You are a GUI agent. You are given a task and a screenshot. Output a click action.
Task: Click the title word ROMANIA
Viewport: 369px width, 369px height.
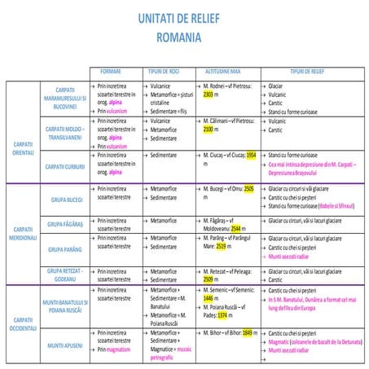point(184,38)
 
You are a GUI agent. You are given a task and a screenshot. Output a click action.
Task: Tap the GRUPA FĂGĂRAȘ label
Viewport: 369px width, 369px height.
point(67,224)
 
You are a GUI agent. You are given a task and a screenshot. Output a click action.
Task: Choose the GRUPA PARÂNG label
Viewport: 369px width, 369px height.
point(67,249)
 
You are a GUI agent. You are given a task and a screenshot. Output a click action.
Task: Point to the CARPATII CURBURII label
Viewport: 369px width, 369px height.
point(67,166)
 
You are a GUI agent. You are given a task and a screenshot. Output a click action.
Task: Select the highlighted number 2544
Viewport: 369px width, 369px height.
point(235,229)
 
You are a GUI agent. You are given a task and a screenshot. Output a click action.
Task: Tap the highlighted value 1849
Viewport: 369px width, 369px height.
point(248,332)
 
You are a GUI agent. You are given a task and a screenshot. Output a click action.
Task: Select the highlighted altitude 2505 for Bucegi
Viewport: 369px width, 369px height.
point(248,189)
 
